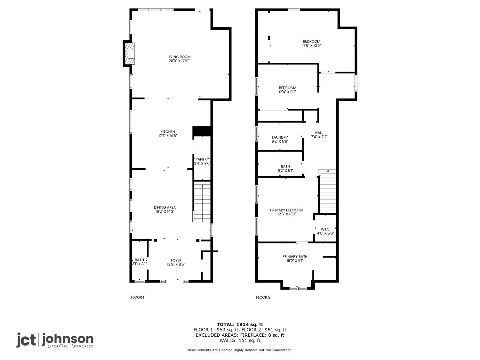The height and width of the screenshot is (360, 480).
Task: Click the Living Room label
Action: (179, 57)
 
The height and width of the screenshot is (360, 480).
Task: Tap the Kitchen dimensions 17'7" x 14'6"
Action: (167, 136)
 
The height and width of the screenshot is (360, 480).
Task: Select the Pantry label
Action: (202, 159)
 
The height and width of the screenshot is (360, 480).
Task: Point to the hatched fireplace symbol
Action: (130, 53)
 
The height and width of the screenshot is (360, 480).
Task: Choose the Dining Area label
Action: (165, 207)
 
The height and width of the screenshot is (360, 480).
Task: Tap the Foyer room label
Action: (176, 260)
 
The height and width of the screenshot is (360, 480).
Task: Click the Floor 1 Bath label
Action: (139, 260)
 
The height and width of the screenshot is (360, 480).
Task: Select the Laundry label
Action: (280, 138)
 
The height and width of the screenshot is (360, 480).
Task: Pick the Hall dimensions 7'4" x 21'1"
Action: (319, 137)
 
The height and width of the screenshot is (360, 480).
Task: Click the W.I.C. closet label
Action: (325, 229)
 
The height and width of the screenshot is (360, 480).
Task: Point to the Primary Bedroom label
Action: (287, 210)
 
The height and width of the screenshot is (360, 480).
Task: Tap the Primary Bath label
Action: (295, 256)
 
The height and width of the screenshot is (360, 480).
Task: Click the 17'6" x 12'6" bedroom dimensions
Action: (311, 45)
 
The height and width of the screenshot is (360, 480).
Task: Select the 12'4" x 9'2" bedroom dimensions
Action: (287, 92)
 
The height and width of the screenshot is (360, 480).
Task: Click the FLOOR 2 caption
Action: (263, 297)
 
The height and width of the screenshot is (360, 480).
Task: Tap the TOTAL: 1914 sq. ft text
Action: (240, 324)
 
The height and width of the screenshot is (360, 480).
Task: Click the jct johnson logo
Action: (55, 340)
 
